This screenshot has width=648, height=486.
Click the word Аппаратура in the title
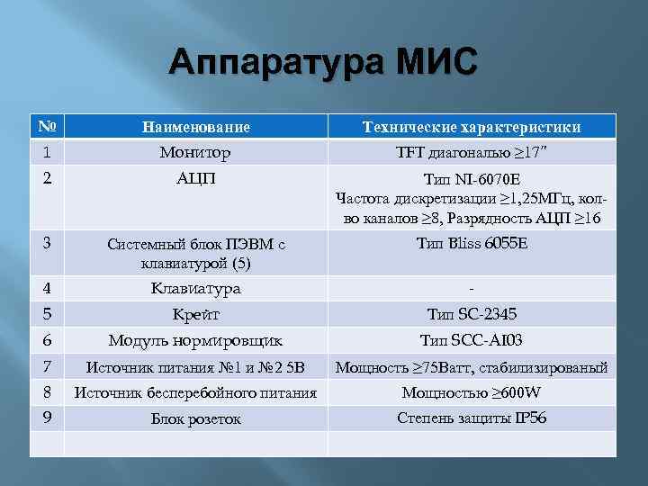click(x=274, y=64)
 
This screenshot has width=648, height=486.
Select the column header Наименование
click(x=195, y=127)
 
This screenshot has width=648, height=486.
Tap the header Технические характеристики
click(x=471, y=127)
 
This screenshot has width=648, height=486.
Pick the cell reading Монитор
click(x=195, y=152)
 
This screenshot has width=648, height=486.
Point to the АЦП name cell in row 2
click(x=195, y=177)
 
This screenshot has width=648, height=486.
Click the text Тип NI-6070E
click(x=471, y=178)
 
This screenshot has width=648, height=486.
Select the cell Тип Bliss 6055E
click(x=471, y=243)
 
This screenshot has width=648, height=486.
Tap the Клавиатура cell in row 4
click(x=195, y=289)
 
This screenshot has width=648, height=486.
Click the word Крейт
click(x=195, y=314)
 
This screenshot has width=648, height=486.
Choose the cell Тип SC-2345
click(x=471, y=314)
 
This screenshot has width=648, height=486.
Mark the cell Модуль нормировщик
click(x=195, y=340)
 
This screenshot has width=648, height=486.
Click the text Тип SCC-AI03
click(x=471, y=340)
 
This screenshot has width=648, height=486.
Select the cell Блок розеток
click(x=195, y=418)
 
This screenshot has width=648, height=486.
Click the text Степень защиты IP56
click(x=471, y=418)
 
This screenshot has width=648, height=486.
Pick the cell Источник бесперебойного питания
click(x=195, y=392)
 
